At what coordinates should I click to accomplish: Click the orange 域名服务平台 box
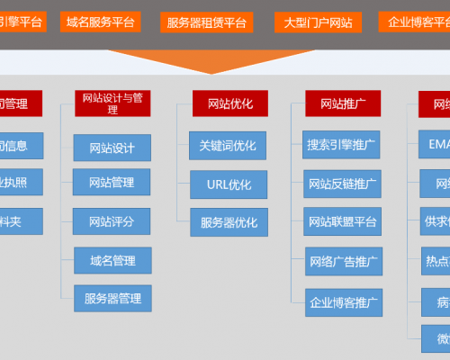(99, 21)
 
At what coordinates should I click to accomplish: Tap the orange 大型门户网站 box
(318, 22)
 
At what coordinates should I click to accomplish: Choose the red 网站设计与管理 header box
(112, 103)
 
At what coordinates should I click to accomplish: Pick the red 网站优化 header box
(229, 103)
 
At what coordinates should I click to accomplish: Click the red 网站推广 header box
(343, 103)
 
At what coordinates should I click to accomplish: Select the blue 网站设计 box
(112, 148)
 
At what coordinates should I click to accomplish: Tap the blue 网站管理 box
(112, 183)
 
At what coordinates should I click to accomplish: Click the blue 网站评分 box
(112, 220)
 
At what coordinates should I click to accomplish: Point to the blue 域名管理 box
(112, 260)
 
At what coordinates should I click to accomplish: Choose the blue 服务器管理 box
(112, 297)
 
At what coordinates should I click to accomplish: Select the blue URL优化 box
(229, 184)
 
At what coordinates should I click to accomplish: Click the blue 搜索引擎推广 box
(342, 144)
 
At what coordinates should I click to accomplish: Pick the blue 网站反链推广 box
(342, 184)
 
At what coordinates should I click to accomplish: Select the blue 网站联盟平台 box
(342, 221)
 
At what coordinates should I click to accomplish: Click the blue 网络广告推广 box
(342, 261)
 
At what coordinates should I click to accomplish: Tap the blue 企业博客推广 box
(342, 300)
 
